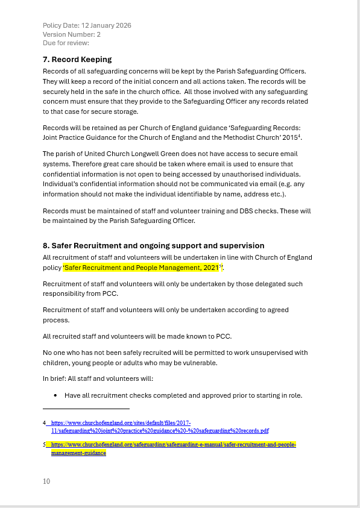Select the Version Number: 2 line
(x=72, y=34)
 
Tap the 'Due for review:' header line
(x=66, y=43)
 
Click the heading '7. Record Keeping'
(x=77, y=59)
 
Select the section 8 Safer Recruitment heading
(x=153, y=245)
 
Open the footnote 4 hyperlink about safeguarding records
(x=159, y=427)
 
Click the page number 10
(x=46, y=481)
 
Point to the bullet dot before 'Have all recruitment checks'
(x=55, y=396)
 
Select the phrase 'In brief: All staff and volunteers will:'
(x=98, y=378)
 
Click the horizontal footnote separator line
(x=86, y=409)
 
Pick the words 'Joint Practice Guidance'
(x=81, y=137)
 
